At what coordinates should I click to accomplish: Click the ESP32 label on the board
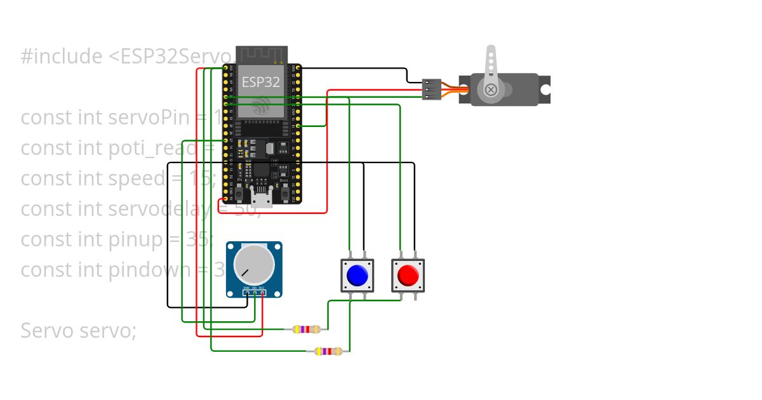pyautogui.click(x=260, y=82)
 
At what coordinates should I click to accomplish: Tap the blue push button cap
pyautogui.click(x=357, y=276)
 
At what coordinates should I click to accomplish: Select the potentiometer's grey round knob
pyautogui.click(x=254, y=265)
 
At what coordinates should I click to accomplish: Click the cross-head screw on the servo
pyautogui.click(x=491, y=90)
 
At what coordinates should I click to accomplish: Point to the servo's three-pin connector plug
pyautogui.click(x=432, y=90)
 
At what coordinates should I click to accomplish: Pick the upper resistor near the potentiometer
pyautogui.click(x=306, y=330)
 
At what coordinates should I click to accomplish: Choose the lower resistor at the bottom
pyautogui.click(x=328, y=351)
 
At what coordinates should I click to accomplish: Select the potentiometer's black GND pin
pyautogui.click(x=246, y=293)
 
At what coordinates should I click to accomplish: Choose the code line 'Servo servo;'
pyautogui.click(x=78, y=331)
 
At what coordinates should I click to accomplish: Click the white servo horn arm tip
pyautogui.click(x=490, y=51)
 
